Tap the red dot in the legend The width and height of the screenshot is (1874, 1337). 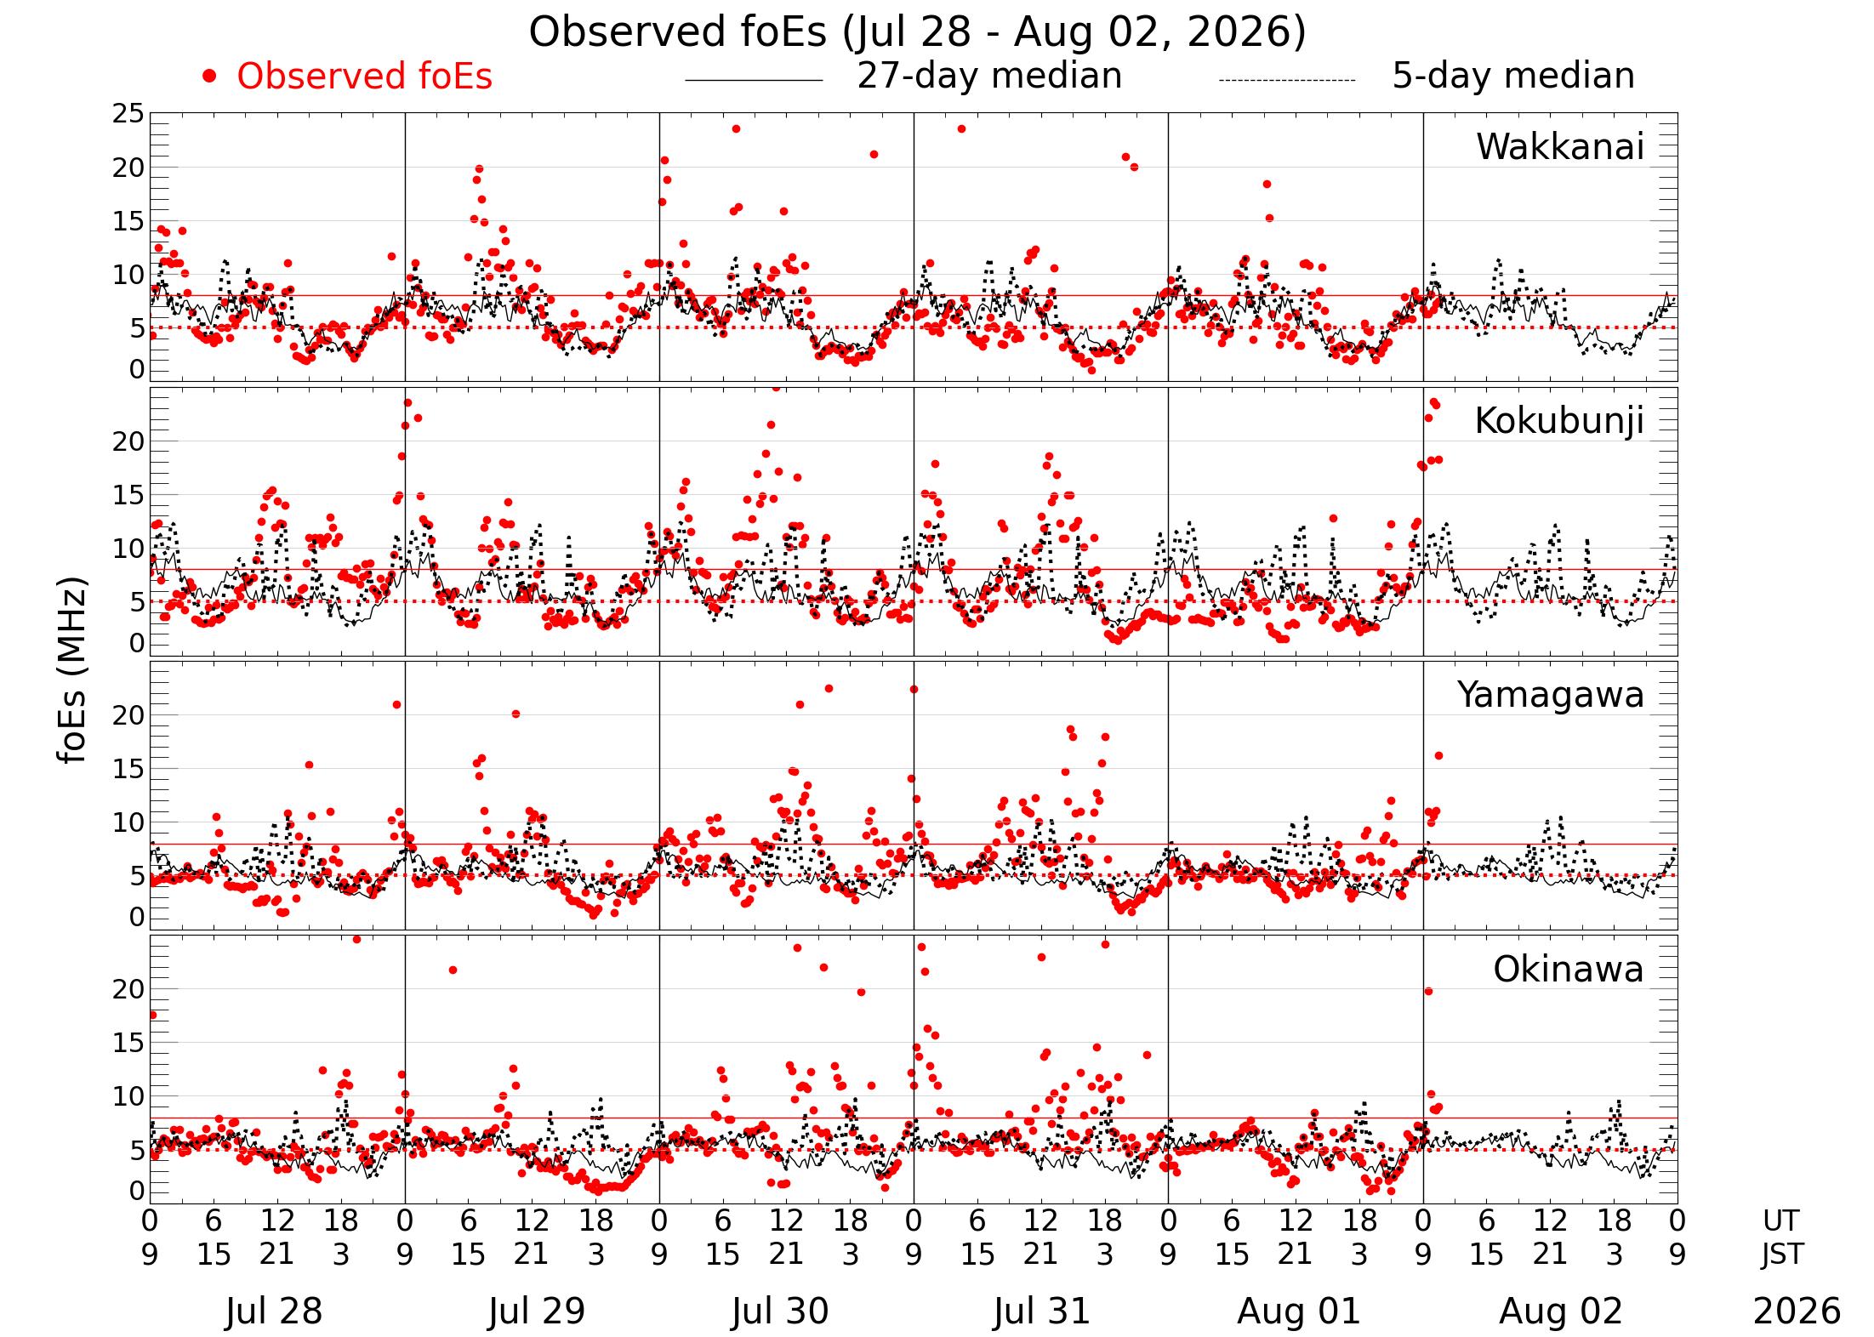click(209, 77)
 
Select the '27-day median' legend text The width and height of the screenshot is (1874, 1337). click(989, 77)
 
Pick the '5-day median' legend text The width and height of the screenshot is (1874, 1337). click(1513, 77)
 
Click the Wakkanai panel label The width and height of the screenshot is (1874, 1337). click(1559, 147)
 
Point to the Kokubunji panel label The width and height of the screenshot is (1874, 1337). click(1558, 421)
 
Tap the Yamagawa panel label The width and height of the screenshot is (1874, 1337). click(1551, 696)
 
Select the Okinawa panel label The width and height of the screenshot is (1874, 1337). click(1568, 970)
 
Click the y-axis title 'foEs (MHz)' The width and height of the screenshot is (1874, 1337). click(74, 672)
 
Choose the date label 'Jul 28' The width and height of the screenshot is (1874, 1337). click(274, 1311)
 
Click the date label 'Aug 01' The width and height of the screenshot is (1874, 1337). click(1298, 1311)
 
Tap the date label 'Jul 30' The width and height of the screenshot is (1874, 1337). click(780, 1311)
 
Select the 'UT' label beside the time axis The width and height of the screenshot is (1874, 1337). click(1780, 1221)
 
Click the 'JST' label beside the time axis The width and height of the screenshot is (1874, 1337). click(1782, 1255)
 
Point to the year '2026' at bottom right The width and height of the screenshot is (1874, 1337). click(1797, 1311)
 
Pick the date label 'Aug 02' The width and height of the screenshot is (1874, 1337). click(1561, 1311)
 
